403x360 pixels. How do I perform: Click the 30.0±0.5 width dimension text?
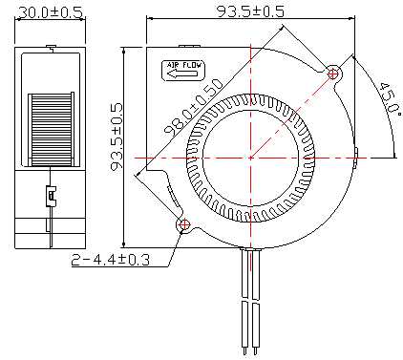(x=51, y=12)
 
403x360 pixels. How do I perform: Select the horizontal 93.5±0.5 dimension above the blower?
(x=250, y=11)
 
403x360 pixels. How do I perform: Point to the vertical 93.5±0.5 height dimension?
(x=117, y=138)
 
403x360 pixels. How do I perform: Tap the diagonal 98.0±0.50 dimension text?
(x=193, y=106)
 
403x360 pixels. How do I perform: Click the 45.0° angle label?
(x=390, y=98)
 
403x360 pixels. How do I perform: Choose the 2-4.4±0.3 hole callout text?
(x=110, y=260)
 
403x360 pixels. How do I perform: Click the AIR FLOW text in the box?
(x=184, y=66)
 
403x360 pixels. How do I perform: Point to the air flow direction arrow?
(x=182, y=74)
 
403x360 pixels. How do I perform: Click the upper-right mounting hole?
(x=333, y=74)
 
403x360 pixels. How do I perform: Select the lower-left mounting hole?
(x=184, y=224)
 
